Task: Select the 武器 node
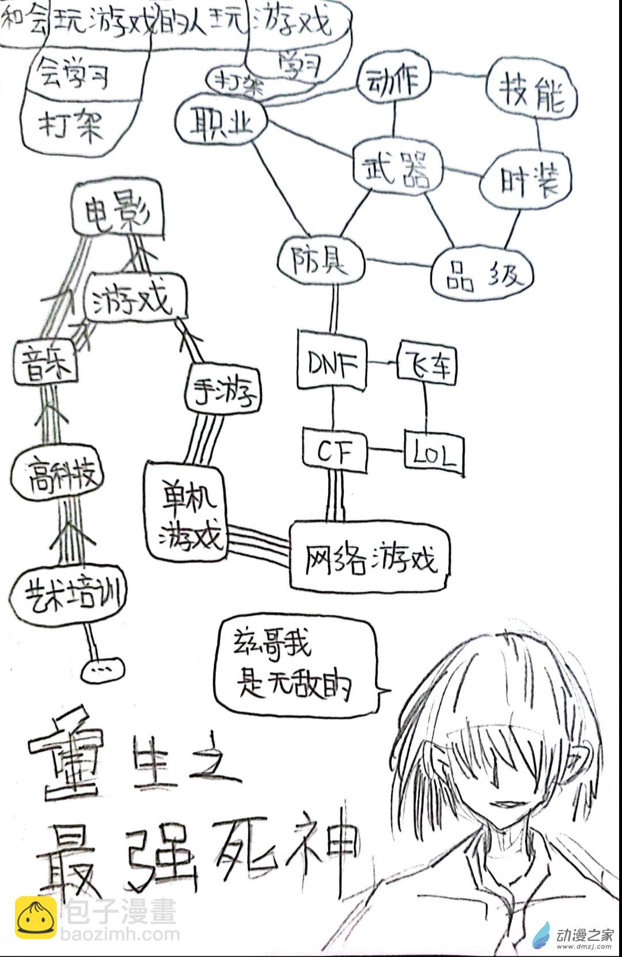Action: click(x=397, y=167)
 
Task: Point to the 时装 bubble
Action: click(x=526, y=180)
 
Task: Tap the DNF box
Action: click(x=332, y=363)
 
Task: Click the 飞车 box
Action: click(x=427, y=363)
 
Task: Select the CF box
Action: click(x=334, y=451)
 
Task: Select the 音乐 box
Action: click(x=45, y=362)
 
